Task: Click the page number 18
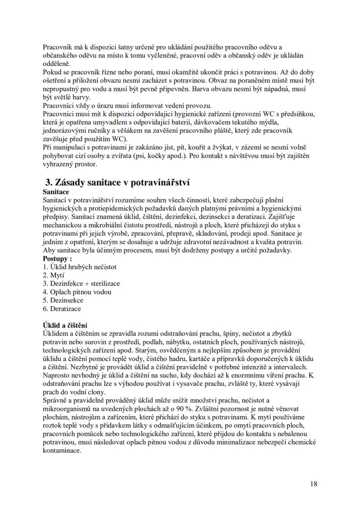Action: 314,483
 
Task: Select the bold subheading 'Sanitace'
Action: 56,192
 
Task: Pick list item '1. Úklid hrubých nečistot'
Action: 80,267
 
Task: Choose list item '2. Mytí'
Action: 53,275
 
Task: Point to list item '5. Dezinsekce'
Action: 63,300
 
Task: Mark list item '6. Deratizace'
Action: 62,309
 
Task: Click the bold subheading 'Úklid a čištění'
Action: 65,325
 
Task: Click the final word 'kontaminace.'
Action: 62,450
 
